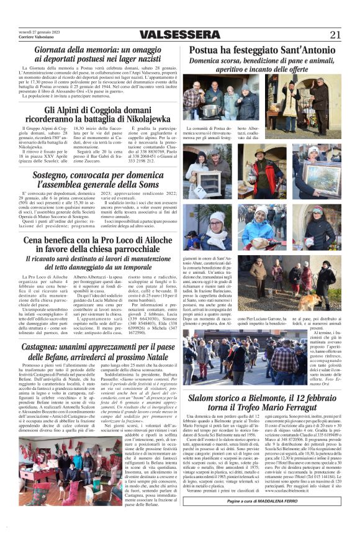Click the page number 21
coord(335,35)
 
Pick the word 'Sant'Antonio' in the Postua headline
coord(302,50)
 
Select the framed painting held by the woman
coord(322,181)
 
